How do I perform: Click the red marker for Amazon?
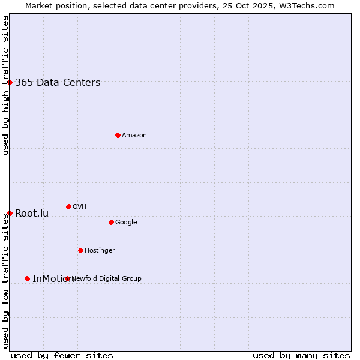pos(118,135)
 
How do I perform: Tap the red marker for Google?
pos(111,222)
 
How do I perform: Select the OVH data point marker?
pos(68,206)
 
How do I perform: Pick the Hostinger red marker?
pos(80,250)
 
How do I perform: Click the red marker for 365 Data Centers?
pos(10,82)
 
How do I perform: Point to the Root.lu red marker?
pos(10,213)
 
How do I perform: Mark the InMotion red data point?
pos(27,278)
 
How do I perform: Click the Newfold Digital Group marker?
pos(67,278)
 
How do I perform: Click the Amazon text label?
pos(134,136)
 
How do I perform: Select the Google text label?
pos(126,223)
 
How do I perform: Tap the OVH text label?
pos(80,207)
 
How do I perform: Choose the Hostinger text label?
pos(100,251)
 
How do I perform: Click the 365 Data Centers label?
pos(58,83)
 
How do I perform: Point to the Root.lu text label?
pos(32,214)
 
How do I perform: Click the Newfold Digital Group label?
pos(107,279)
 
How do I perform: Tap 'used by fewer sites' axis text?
pos(62,355)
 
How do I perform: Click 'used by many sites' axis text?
pos(301,355)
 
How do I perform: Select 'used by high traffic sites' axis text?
pos(5,85)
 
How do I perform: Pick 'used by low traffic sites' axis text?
pos(5,281)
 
